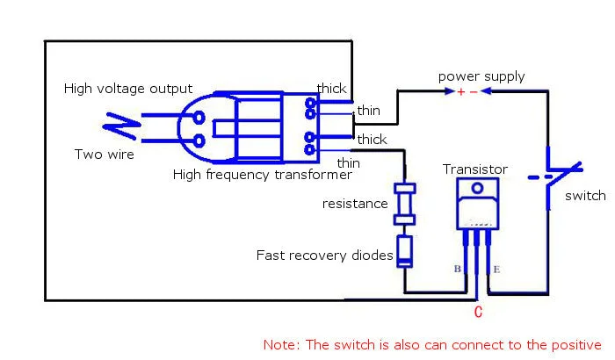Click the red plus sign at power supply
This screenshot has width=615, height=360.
461,92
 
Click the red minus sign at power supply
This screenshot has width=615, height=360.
474,92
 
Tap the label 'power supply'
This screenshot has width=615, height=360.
481,76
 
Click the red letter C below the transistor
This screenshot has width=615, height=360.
478,313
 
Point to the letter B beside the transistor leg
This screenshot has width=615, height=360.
458,269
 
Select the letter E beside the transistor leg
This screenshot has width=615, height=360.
496,270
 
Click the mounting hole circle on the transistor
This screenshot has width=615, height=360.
477,188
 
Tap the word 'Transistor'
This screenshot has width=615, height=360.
475,169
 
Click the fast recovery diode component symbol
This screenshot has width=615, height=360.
404,251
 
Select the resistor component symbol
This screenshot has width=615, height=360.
404,204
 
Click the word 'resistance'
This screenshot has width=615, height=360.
355,204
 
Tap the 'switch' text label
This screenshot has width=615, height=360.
585,196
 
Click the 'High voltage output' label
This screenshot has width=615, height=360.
128,89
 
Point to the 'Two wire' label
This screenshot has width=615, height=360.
105,155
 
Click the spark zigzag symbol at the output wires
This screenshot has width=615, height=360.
121,126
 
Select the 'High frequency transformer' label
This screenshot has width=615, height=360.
263,175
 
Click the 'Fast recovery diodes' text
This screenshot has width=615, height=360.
324,256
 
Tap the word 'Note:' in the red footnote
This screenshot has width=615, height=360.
282,345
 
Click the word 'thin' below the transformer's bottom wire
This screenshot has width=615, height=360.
348,162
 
